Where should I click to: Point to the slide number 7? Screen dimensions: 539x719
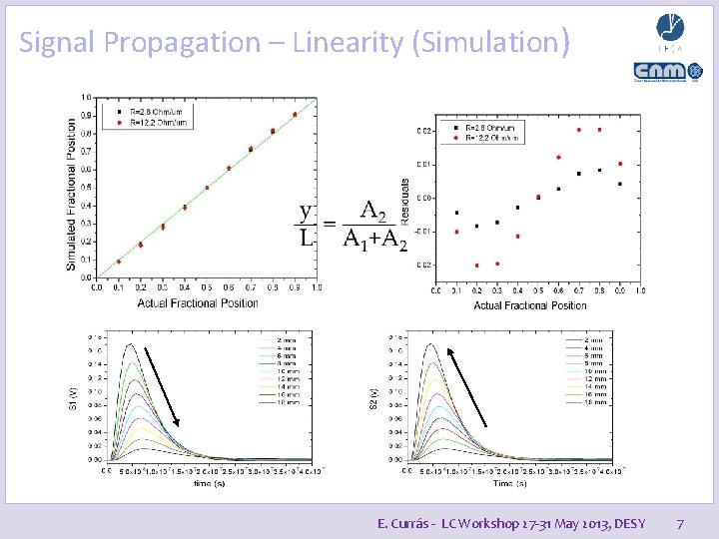click(680, 523)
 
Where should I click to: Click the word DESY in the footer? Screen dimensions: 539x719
click(629, 523)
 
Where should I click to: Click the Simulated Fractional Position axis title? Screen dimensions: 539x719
click(72, 195)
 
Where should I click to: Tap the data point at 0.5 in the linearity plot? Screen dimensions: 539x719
click(207, 188)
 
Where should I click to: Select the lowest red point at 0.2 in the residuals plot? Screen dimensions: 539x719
click(476, 266)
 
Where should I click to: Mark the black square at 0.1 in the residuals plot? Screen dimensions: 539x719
click(456, 213)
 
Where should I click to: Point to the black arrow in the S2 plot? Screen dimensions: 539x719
click(468, 385)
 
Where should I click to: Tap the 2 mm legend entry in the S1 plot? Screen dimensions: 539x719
click(287, 339)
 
